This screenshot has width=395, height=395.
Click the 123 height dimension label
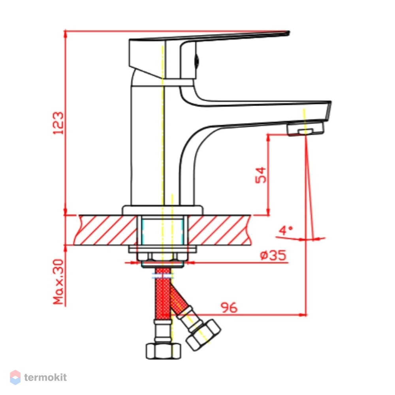coord(58,123)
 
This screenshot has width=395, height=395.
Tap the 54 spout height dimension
coord(261,175)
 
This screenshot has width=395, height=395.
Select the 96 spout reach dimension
coord(229,308)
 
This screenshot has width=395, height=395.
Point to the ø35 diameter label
coord(273,255)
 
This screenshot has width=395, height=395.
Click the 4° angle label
coord(286,230)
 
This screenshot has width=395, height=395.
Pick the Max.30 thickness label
coord(58,282)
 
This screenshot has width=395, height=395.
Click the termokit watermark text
coord(45,377)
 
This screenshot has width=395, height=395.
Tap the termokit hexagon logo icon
coord(15,377)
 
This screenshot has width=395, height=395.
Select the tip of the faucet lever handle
coord(289,32)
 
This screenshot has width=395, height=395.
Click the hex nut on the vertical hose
coord(163,351)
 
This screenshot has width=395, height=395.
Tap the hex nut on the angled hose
coord(203,335)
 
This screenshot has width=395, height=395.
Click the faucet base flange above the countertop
coord(162,211)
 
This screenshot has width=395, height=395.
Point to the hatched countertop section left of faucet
coord(106,230)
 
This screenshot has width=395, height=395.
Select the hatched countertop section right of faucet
coord(220,230)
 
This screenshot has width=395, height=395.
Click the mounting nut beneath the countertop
coord(162,256)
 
